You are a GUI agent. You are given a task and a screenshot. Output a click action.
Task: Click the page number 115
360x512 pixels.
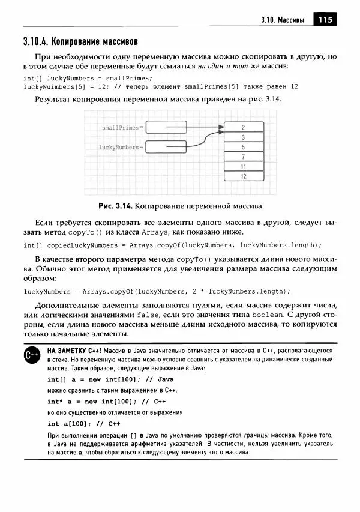[x=325, y=20]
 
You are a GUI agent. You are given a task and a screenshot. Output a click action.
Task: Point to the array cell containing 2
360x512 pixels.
[x=243, y=127]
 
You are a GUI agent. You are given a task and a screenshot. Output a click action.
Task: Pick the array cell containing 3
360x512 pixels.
[x=243, y=137]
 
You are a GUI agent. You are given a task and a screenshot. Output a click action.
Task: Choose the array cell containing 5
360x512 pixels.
[x=243, y=147]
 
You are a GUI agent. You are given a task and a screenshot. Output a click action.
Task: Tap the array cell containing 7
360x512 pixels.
[x=243, y=157]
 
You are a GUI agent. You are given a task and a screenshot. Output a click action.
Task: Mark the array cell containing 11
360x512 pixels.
[x=243, y=166]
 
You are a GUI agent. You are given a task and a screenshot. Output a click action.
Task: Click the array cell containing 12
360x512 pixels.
[x=243, y=176]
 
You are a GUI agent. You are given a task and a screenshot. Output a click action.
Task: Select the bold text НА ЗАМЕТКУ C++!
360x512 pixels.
[x=75, y=350]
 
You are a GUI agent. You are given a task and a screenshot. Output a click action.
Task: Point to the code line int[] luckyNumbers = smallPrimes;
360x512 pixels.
[x=88, y=78]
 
